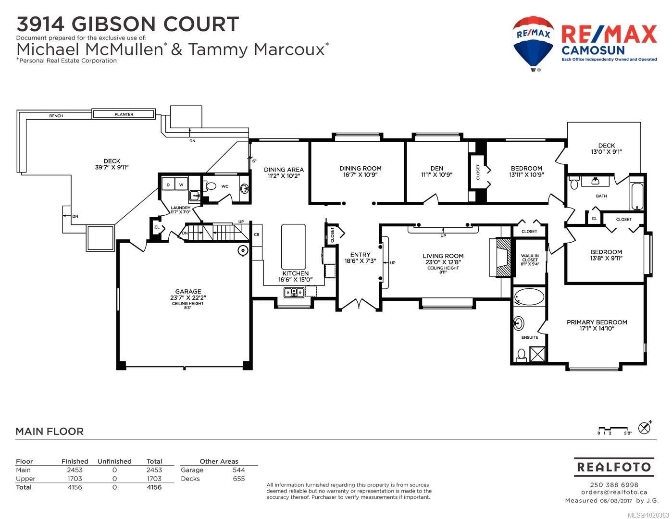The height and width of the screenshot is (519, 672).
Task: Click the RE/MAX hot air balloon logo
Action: click(533, 44)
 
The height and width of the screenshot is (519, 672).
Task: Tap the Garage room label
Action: click(188, 292)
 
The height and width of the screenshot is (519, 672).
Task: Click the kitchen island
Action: click(294, 247)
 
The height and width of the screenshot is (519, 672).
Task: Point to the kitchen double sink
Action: click(294, 292)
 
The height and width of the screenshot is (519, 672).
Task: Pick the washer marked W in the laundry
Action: click(181, 185)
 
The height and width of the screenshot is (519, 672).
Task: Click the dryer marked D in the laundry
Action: click(168, 185)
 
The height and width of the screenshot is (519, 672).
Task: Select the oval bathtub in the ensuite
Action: click(529, 297)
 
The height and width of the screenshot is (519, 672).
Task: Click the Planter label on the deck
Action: click(124, 114)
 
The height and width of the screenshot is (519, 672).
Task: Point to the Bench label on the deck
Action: click(56, 116)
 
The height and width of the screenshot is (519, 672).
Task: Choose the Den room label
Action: click(436, 169)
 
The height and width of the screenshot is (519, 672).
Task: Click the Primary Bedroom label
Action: click(597, 322)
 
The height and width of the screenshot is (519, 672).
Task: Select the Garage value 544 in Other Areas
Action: click(239, 470)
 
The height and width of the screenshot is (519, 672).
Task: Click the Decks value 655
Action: click(239, 479)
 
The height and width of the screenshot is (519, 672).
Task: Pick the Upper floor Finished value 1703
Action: click(75, 479)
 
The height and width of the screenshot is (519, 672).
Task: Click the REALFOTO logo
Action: click(614, 467)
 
